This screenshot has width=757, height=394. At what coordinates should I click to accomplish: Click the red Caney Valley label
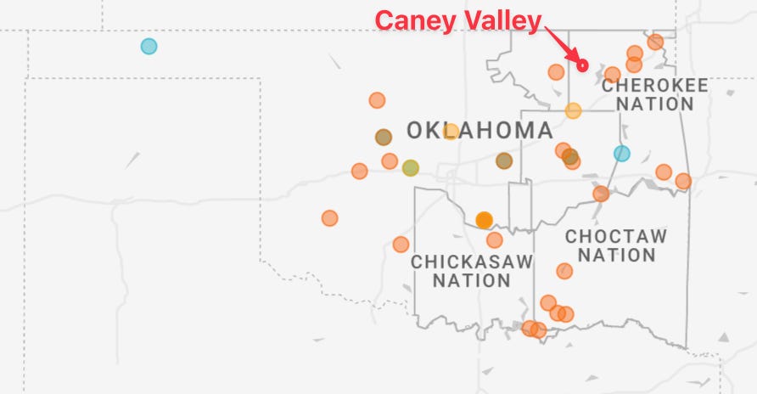[458, 20]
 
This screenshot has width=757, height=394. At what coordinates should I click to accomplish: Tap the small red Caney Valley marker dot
[582, 65]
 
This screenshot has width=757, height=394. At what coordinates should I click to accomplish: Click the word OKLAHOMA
[479, 131]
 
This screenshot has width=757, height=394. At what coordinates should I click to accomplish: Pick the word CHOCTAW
[616, 236]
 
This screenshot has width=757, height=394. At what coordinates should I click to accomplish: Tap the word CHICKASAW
[472, 262]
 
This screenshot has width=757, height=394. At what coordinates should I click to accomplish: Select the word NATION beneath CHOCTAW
[616, 255]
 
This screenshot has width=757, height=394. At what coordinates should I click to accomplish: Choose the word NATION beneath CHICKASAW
[472, 280]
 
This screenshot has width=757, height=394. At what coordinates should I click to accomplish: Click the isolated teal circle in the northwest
[149, 46]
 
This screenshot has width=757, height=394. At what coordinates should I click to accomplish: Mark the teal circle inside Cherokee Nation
[622, 153]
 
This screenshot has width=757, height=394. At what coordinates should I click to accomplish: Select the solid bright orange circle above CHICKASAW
[484, 220]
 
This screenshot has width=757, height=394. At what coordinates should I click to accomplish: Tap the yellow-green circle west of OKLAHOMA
[411, 167]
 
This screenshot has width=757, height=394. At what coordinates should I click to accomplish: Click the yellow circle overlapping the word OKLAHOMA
[451, 131]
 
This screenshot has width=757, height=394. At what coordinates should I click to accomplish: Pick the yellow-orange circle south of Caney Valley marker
[573, 110]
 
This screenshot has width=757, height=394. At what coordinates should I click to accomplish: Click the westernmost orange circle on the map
[329, 218]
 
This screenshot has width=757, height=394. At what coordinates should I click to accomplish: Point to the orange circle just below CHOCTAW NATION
[564, 271]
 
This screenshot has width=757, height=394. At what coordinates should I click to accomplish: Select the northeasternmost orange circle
[655, 42]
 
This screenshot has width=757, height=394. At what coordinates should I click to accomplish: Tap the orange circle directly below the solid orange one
[495, 239]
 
